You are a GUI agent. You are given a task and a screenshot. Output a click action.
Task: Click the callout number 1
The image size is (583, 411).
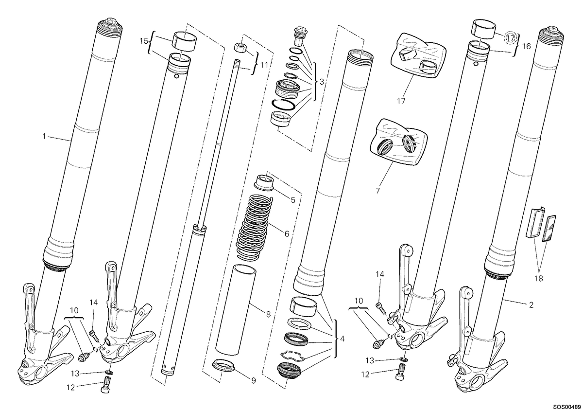pyautogui.click(x=44, y=136)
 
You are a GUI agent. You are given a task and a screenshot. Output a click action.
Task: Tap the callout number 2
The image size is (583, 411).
pyautogui.click(x=531, y=304)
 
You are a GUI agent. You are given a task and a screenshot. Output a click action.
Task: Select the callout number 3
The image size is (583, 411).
pyautogui.click(x=322, y=82)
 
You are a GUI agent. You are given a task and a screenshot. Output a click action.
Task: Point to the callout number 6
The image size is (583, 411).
pyautogui.click(x=287, y=234)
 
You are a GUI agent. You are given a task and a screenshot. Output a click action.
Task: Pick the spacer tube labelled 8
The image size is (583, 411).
pyautogui.click(x=236, y=310)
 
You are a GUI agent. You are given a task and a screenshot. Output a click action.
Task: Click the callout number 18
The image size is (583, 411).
pyautogui.click(x=538, y=279)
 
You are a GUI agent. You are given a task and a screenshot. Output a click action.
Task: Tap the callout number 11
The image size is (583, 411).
pyautogui.click(x=264, y=65)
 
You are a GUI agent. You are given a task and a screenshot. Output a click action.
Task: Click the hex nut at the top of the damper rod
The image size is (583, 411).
pyautogui.click(x=239, y=48)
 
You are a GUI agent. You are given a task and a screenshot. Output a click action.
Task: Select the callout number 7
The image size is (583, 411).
pyautogui.click(x=377, y=191)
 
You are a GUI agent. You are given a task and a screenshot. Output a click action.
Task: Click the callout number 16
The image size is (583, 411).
pyautogui.click(x=526, y=46)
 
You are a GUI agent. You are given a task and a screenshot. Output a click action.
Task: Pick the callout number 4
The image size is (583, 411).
pyautogui.click(x=342, y=339)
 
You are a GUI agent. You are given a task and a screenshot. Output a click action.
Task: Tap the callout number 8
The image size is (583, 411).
pyautogui.click(x=268, y=315)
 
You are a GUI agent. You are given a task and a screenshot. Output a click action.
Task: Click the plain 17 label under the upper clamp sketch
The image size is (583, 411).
pyautogui.click(x=401, y=101)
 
